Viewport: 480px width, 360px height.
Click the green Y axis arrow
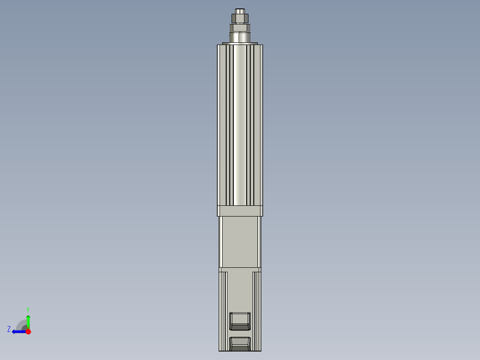pyautogui.click(x=28, y=320)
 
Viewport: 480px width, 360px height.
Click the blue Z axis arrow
pyautogui.click(x=18, y=331)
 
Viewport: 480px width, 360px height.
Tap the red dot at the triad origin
pyautogui.click(x=28, y=331)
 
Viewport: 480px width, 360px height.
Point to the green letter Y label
pyautogui.click(x=28, y=309)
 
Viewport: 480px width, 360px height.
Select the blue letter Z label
pyautogui.click(x=9, y=329)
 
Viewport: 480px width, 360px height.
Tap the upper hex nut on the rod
pyautogui.click(x=240, y=19)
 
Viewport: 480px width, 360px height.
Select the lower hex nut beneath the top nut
pyautogui.click(x=240, y=28)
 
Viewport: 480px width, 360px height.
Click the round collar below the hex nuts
pyautogui.click(x=240, y=37)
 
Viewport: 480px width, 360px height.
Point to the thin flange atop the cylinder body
pyautogui.click(x=240, y=43)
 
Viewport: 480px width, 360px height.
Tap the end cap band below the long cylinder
pyautogui.click(x=240, y=211)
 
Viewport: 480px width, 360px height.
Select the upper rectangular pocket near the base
pyautogui.click(x=240, y=320)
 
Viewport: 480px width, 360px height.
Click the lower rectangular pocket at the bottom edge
pyautogui.click(x=240, y=344)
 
